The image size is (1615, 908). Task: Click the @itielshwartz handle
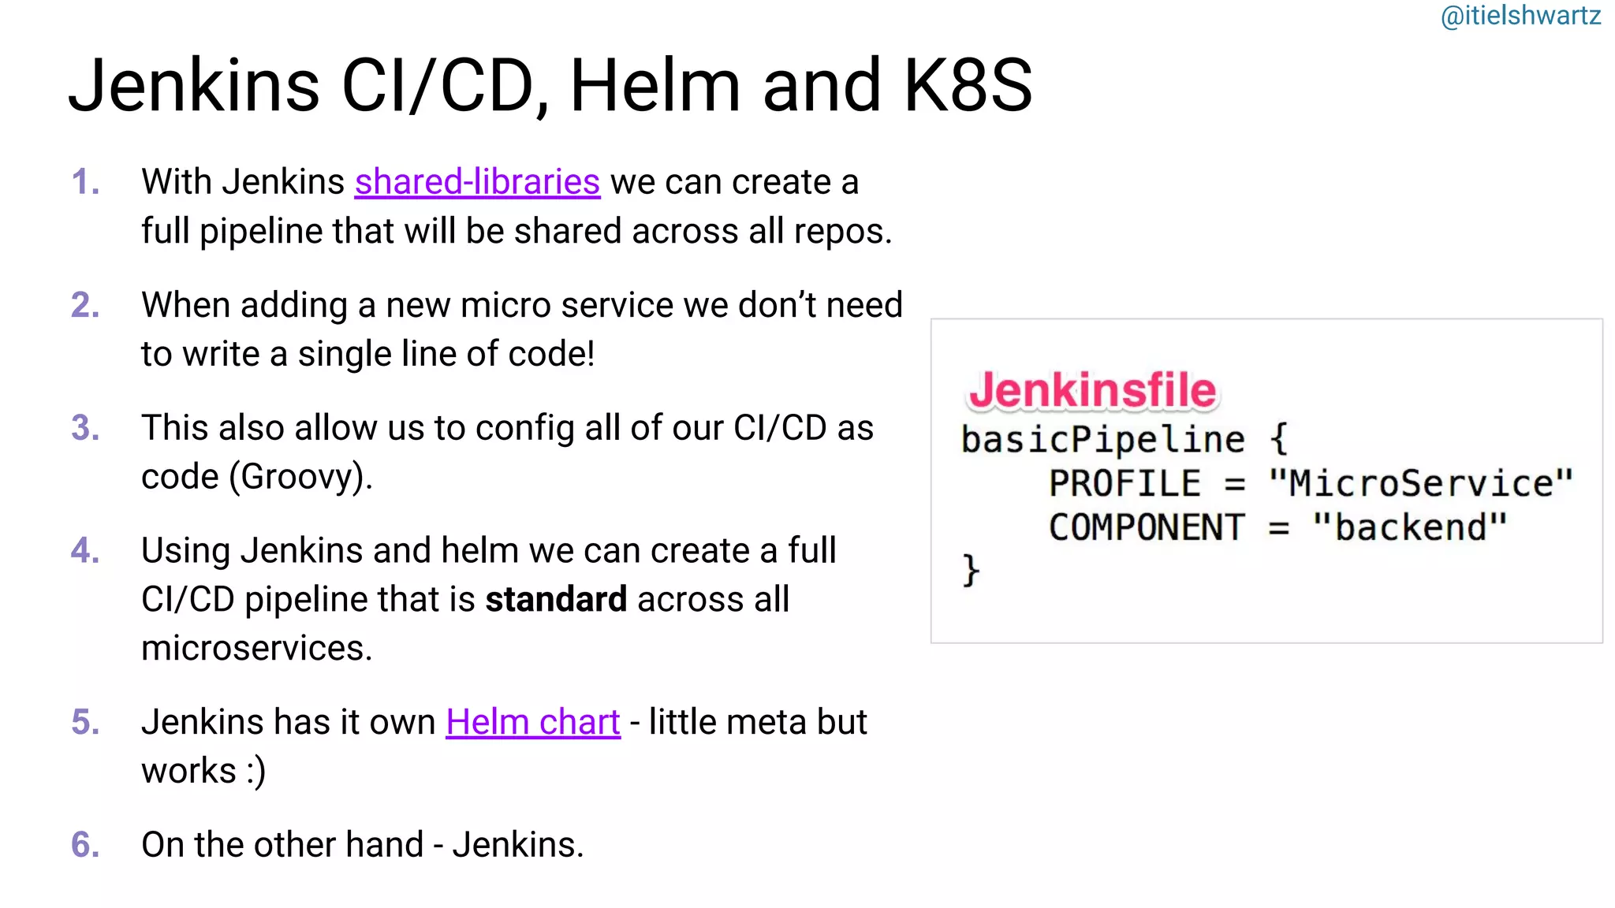(x=1520, y=16)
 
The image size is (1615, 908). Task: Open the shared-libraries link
(x=477, y=182)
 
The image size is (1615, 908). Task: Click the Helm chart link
(x=533, y=722)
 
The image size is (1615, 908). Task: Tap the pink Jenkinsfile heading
(x=1092, y=390)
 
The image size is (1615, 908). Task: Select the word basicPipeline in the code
(x=1102, y=439)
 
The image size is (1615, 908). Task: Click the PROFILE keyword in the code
(x=1125, y=483)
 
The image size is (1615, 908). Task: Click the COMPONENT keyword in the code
(x=1147, y=527)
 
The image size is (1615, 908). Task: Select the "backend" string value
(x=1410, y=527)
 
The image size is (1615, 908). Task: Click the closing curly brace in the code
(x=971, y=569)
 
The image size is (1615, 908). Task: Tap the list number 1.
(x=85, y=182)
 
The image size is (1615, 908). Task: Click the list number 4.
(x=85, y=551)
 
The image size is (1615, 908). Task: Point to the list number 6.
(x=85, y=845)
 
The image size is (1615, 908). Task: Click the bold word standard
(x=556, y=600)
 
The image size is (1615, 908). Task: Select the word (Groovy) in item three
(x=300, y=477)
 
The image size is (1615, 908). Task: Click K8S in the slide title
(x=968, y=85)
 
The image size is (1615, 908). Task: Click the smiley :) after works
(x=255, y=772)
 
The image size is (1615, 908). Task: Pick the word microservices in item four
(x=256, y=649)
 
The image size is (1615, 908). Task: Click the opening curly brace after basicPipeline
(x=1279, y=439)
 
